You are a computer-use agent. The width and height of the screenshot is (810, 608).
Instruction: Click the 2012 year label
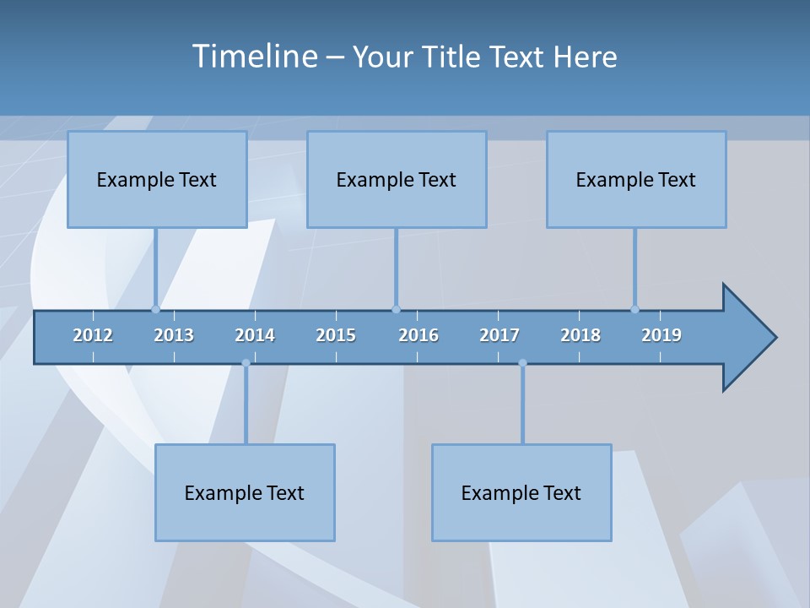click(93, 335)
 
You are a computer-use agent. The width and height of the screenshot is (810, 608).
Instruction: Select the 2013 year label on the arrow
click(174, 335)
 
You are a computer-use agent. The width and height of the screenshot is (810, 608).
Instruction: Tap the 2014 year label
click(255, 335)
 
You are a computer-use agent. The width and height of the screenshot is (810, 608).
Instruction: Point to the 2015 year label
click(336, 335)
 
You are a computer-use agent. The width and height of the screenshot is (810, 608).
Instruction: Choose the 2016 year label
click(418, 335)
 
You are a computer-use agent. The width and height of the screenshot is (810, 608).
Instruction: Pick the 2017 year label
click(499, 335)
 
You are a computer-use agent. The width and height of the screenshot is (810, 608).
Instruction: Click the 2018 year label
click(580, 335)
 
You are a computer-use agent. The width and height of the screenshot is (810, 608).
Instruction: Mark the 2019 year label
click(661, 335)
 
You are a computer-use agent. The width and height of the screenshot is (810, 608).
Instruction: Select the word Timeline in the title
click(254, 57)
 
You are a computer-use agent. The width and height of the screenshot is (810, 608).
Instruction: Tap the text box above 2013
click(157, 179)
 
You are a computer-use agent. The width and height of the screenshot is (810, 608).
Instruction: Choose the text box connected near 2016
click(397, 179)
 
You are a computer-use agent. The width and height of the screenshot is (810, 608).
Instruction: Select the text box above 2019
click(636, 179)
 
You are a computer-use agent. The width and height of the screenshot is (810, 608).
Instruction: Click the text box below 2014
click(245, 492)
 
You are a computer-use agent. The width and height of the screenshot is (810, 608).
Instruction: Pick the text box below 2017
click(521, 492)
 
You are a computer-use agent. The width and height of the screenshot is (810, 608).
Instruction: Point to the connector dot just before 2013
click(155, 309)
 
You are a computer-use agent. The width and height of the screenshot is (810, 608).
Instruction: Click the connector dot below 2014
click(246, 363)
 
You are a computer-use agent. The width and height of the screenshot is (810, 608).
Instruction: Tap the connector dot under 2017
click(522, 363)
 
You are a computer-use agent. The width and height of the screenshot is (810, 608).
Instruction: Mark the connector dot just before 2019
click(634, 309)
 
